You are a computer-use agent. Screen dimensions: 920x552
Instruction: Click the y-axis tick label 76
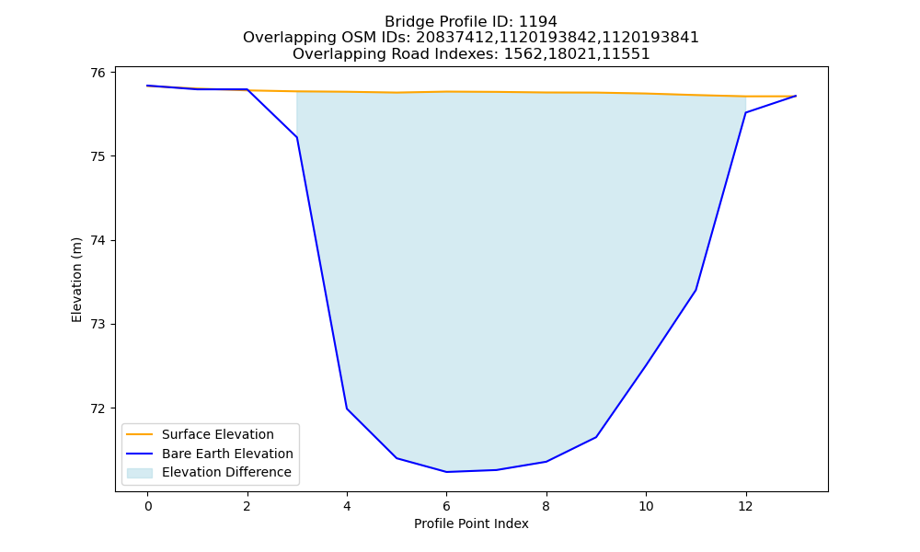(98, 73)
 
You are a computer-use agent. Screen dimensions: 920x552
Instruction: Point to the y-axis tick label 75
(98, 156)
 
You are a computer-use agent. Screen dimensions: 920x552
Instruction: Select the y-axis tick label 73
(98, 325)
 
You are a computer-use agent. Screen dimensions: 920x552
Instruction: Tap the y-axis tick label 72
(98, 408)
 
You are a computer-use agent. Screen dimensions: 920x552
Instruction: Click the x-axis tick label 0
(148, 506)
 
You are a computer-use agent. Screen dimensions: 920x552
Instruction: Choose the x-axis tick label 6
(446, 506)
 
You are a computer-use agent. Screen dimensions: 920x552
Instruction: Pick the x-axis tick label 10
(646, 506)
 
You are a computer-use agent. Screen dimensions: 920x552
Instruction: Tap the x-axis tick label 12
(746, 506)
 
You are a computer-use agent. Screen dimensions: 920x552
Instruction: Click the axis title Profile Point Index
(471, 523)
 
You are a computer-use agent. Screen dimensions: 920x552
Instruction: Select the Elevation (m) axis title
(77, 280)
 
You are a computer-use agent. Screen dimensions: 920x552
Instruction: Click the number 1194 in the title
(538, 22)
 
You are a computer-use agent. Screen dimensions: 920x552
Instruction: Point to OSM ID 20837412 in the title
(454, 38)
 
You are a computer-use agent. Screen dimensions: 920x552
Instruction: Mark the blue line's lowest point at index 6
(446, 472)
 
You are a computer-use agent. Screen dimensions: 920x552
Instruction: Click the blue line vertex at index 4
(347, 408)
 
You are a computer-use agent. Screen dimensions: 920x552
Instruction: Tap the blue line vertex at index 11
(696, 290)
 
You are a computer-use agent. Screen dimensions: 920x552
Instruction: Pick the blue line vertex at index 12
(746, 112)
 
